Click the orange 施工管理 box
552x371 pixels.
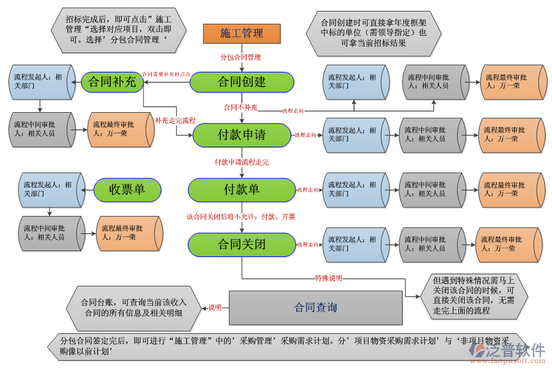[x=242, y=33]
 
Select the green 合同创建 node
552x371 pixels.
[x=242, y=82]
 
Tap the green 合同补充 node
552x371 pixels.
[x=112, y=82]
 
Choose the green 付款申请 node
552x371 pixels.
[x=242, y=135]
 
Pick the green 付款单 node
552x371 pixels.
[x=241, y=190]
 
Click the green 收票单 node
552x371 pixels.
[x=127, y=190]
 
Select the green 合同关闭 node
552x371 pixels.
[x=241, y=244]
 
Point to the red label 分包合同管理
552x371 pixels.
[x=241, y=57]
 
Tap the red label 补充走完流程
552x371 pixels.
[x=175, y=120]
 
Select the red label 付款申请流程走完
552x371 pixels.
[x=242, y=162]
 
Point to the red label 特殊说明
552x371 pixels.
[x=328, y=278]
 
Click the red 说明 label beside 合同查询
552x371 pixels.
[x=215, y=308]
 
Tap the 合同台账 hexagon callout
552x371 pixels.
[x=133, y=308]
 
